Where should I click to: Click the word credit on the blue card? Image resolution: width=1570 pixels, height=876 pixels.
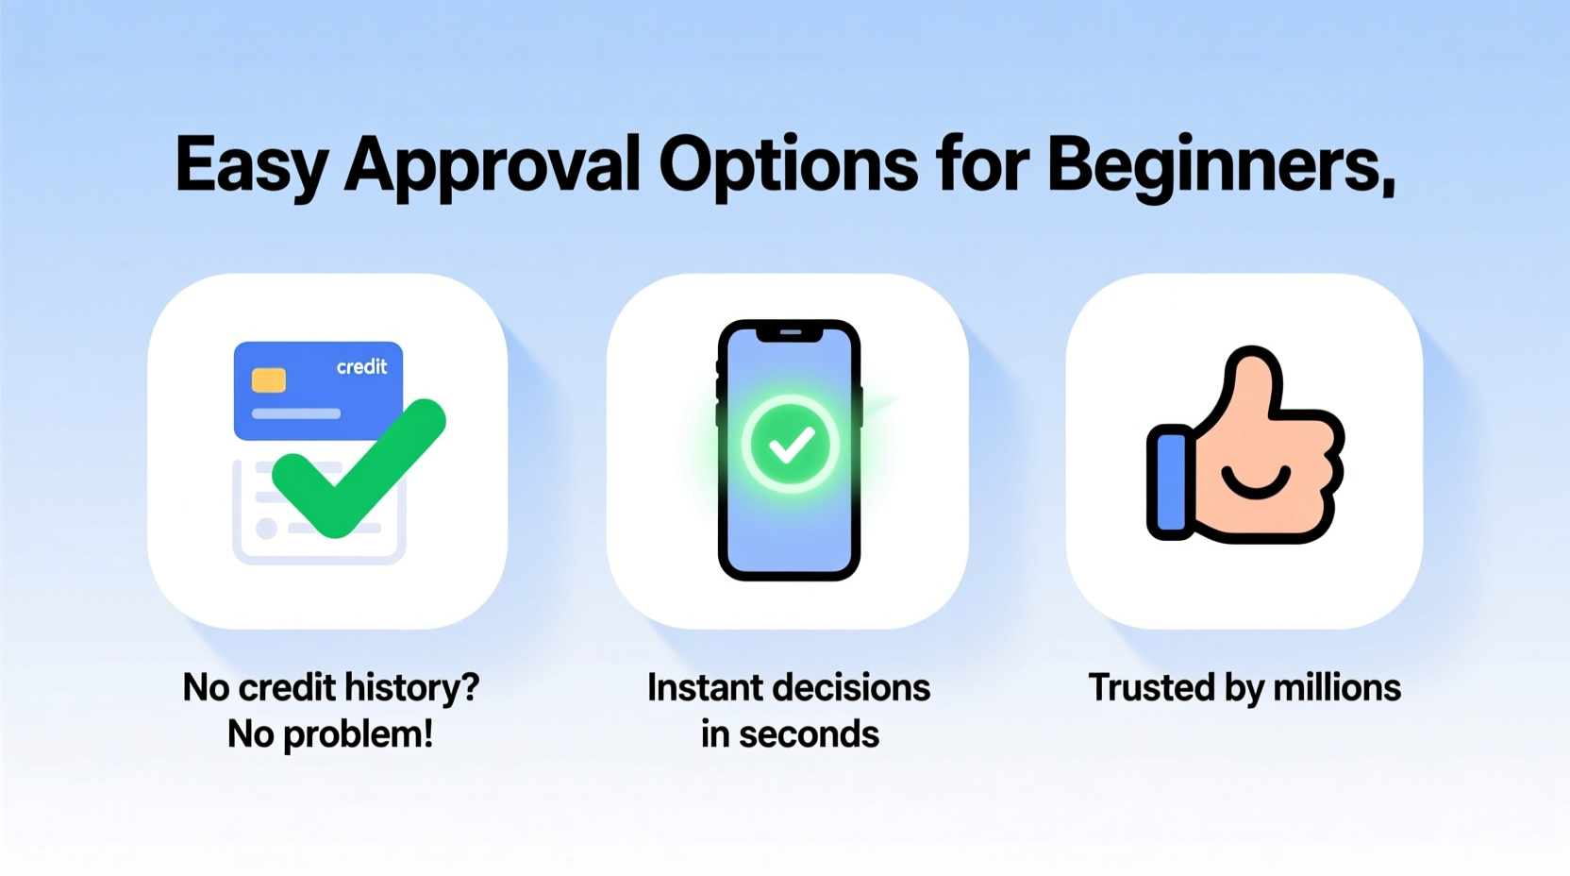pos(361,367)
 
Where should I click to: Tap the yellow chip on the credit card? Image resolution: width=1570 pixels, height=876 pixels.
pos(269,380)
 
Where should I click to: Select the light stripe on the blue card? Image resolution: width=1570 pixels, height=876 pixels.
pos(295,413)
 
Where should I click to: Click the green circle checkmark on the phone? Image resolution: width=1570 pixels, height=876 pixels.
pos(790,444)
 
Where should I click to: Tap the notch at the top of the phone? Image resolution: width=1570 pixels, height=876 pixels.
pos(790,333)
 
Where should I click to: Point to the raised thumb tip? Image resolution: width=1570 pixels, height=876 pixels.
pos(1252,364)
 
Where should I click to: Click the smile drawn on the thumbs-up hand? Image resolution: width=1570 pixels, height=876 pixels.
pos(1255,484)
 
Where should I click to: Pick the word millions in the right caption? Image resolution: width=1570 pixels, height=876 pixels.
pos(1337,688)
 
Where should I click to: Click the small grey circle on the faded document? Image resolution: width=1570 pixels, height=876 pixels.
pos(266,528)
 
